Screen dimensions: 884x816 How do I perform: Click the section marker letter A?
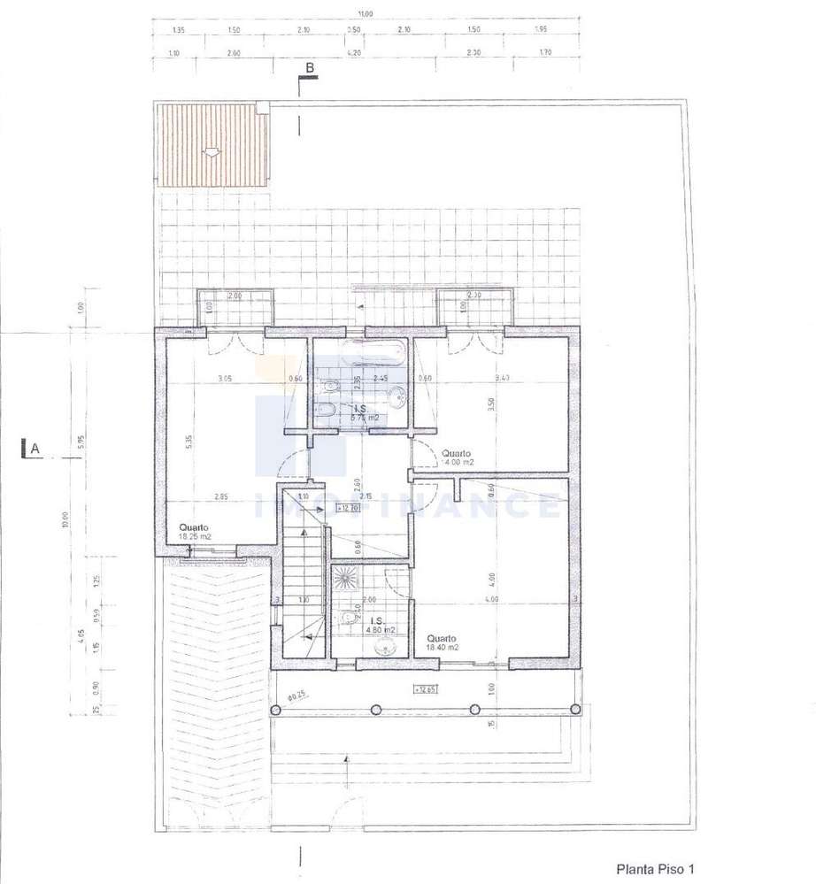[x=35, y=449]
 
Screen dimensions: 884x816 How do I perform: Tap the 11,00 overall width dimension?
[x=365, y=13]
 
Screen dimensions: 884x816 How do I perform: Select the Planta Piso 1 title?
[x=655, y=869]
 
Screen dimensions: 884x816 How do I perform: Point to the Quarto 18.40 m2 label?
[x=443, y=642]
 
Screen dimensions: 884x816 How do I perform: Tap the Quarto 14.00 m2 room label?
[x=458, y=457]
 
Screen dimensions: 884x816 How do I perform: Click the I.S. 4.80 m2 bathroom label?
[x=379, y=625]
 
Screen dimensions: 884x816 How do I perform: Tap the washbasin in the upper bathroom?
[x=397, y=394]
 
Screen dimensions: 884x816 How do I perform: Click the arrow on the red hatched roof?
[x=212, y=151]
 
